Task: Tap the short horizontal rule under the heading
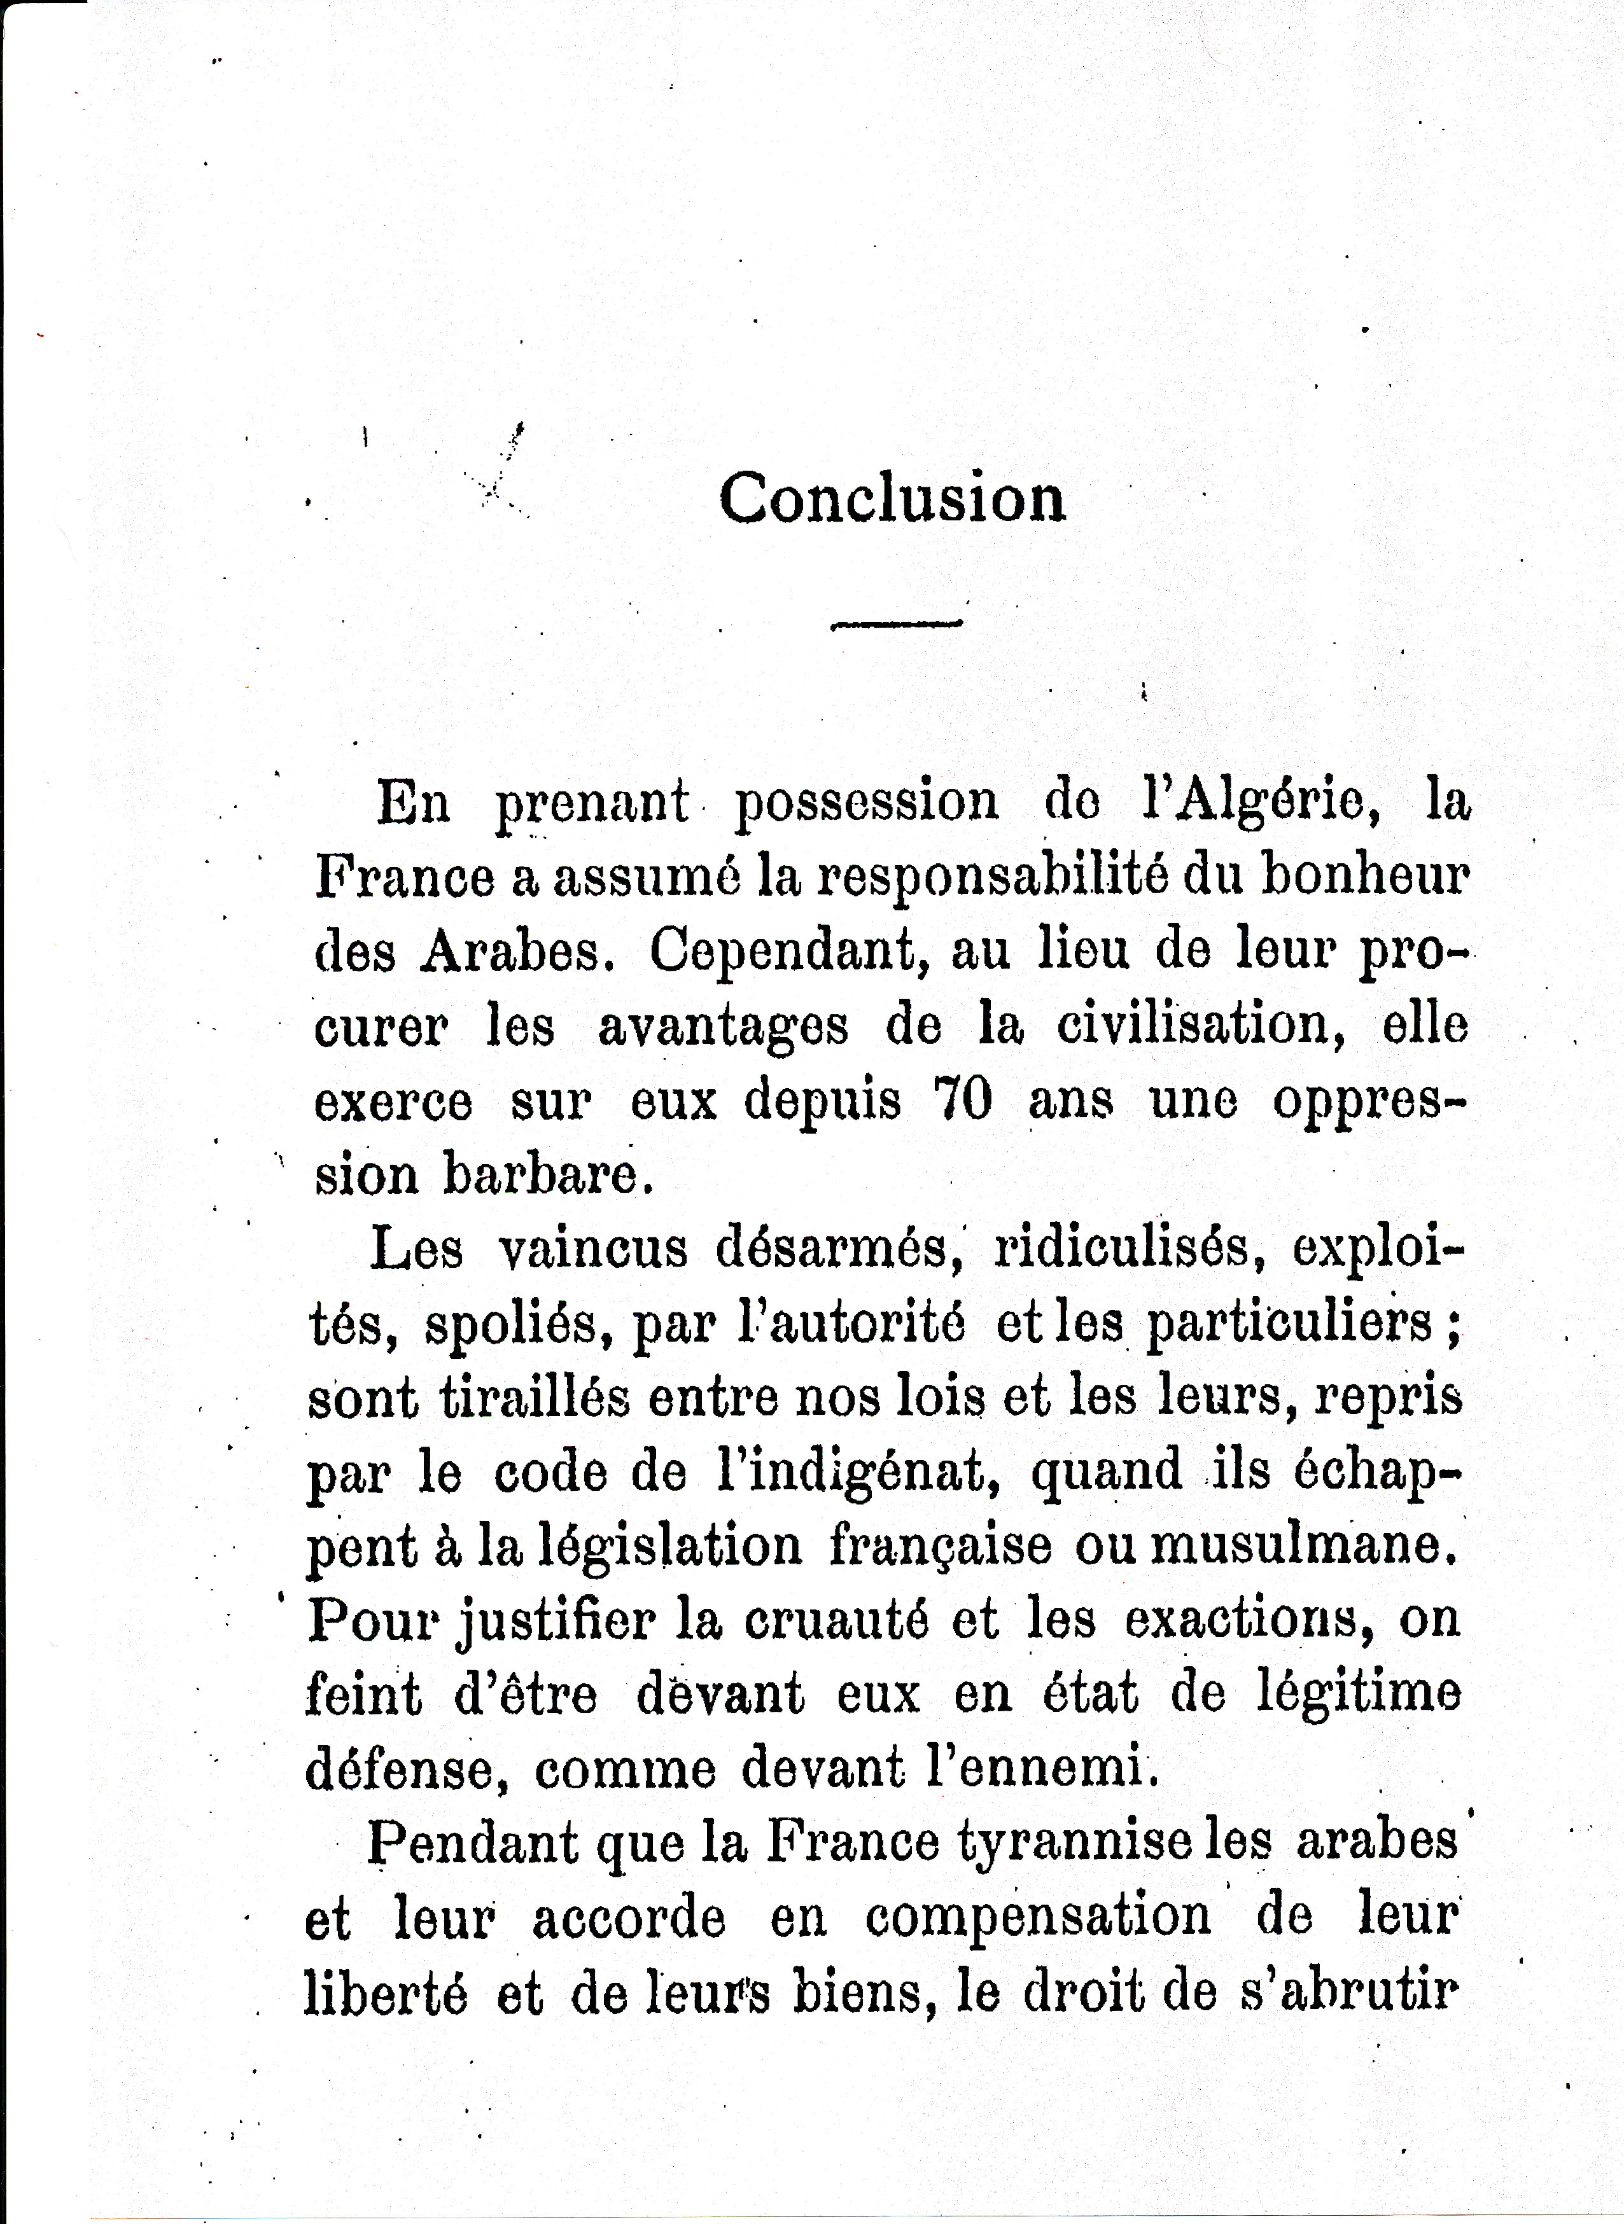click(895, 623)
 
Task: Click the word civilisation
click(1200, 1025)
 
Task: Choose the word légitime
click(1359, 1694)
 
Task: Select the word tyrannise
click(1074, 1844)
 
